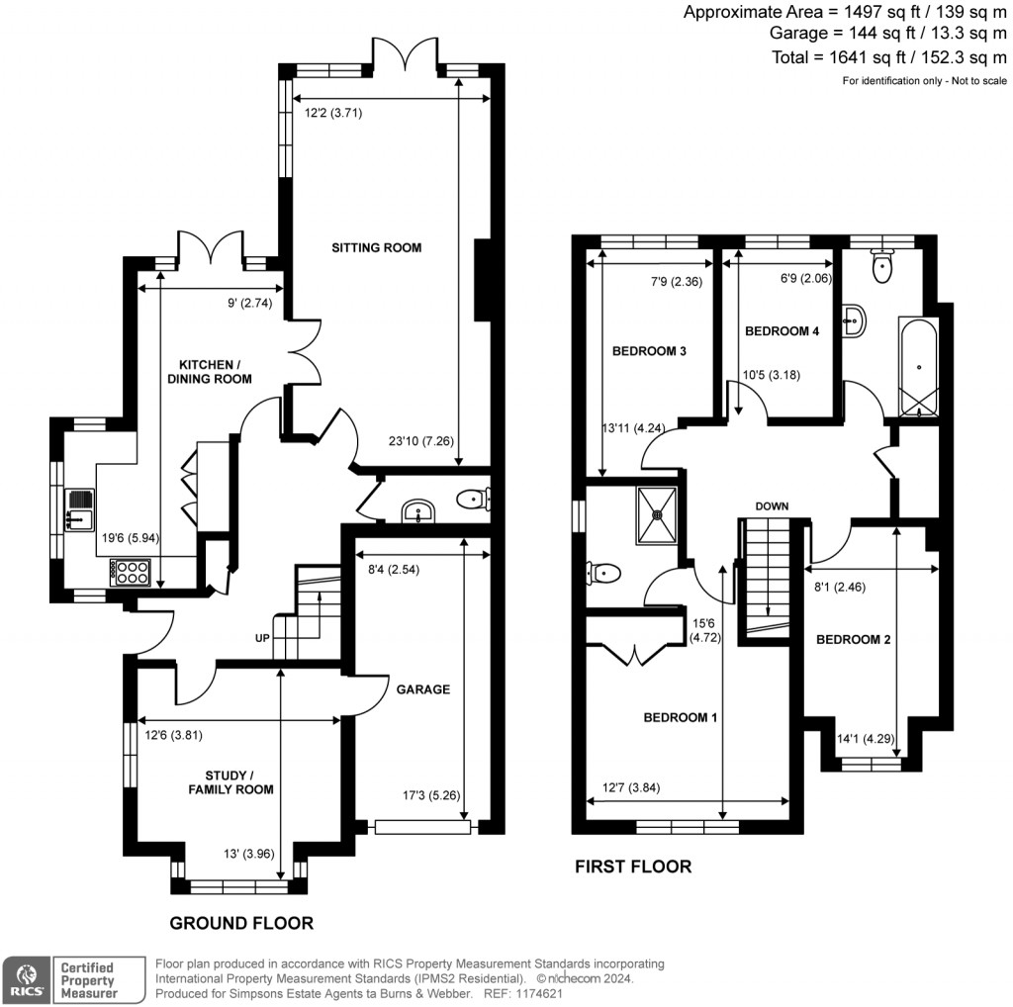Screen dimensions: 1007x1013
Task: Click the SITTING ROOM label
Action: [376, 247]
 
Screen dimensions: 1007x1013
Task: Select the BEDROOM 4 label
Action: [782, 331]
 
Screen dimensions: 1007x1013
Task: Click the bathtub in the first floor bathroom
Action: [917, 367]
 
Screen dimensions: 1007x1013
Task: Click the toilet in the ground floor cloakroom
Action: [471, 501]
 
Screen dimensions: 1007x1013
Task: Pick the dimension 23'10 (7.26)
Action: [422, 442]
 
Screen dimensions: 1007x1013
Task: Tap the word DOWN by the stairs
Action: [772, 506]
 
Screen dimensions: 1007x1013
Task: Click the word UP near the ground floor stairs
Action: [262, 638]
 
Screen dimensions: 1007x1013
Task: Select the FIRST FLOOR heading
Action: [633, 867]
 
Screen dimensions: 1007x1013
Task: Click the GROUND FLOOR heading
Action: [241, 923]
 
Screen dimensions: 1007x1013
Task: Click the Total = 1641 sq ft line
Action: [889, 58]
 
